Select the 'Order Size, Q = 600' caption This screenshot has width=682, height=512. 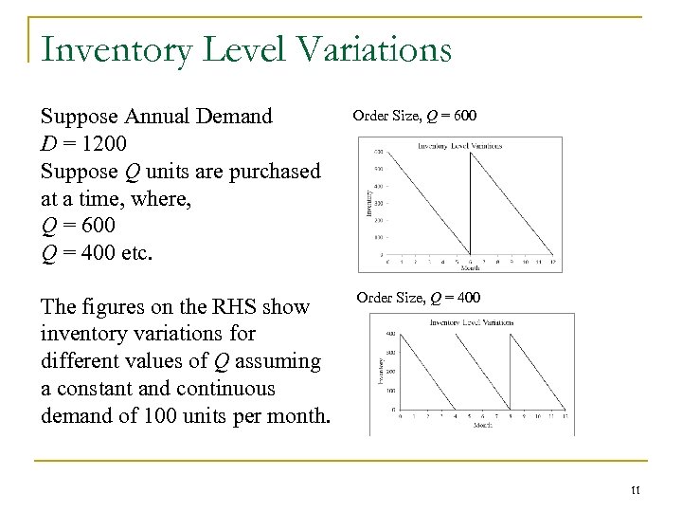point(415,117)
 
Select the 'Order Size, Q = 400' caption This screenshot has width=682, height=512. point(418,299)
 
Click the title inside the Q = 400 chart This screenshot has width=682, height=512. point(471,323)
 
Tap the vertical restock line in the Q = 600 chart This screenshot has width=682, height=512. point(472,203)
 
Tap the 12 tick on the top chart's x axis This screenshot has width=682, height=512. point(552,262)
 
